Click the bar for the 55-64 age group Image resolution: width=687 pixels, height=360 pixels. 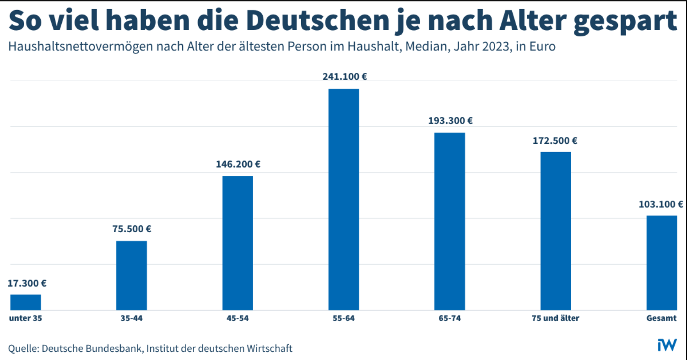point(343,199)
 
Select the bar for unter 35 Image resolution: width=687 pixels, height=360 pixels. point(26,302)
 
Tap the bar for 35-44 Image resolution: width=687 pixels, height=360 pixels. point(131,275)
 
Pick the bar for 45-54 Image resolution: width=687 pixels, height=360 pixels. point(238,243)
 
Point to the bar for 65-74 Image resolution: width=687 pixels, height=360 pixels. point(449,221)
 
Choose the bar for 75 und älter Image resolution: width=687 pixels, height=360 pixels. point(556,231)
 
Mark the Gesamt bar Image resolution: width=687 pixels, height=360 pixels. point(661,262)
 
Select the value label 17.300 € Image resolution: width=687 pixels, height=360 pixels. point(27,283)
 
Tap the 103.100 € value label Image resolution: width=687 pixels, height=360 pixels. point(660,204)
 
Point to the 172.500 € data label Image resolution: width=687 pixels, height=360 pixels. point(555,140)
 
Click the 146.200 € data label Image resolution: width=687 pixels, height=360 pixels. point(238,164)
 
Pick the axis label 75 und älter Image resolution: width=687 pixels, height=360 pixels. point(555,318)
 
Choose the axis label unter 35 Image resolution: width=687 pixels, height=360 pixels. point(26,318)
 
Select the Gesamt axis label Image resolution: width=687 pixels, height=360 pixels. point(661,318)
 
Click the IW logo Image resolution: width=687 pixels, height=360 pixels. point(667,345)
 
